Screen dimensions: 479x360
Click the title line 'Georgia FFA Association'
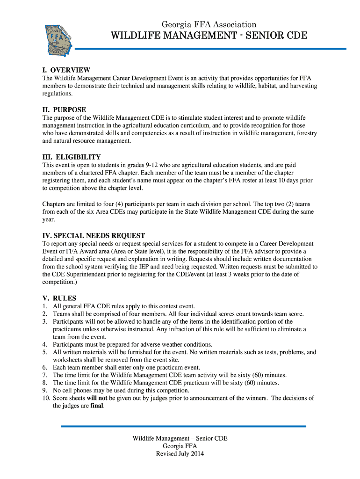[209, 24]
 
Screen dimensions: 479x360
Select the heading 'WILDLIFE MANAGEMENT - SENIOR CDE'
[209, 36]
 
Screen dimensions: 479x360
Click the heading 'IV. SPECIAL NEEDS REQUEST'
[94, 236]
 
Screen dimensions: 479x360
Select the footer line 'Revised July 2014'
[180, 454]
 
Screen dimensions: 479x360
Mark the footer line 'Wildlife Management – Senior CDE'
[180, 438]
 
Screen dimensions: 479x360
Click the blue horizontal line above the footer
[183, 426]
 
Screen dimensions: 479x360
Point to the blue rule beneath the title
[210, 49]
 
